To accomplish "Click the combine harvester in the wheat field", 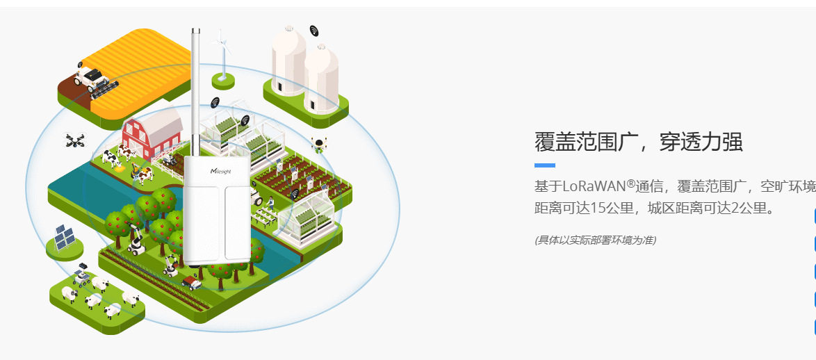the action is coord(95,77).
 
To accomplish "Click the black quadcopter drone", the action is coord(74,141).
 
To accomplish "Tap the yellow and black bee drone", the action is coord(319,145).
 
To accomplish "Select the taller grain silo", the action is coord(288,59).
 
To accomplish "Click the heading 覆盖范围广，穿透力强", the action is coord(638,142).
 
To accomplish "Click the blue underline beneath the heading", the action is coord(544,165).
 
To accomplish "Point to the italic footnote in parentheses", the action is coord(595,240).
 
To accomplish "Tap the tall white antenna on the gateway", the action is coord(196,90).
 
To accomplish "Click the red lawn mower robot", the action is coord(191,281).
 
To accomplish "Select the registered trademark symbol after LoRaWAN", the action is coord(631,183).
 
